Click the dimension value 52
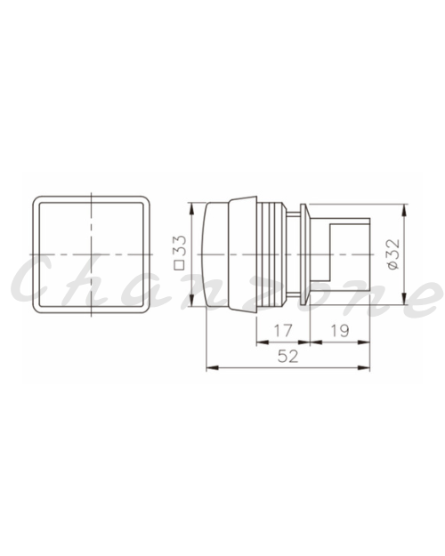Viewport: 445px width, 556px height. coord(287,356)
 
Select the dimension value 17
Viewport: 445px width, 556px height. coord(283,330)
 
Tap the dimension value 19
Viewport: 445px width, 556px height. coord(340,330)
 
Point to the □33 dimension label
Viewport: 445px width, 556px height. coord(180,253)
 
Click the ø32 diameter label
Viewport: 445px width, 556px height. coord(393,254)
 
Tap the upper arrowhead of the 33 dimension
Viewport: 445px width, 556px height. coord(192,209)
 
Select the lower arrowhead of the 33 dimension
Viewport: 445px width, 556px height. coord(192,301)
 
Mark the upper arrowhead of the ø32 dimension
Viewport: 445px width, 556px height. coord(404,210)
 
